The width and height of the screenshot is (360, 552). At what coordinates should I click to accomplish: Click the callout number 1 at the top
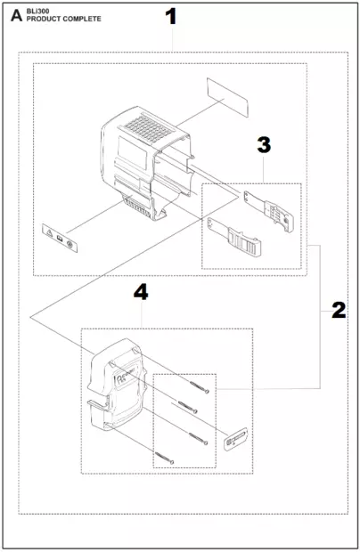pos(171,17)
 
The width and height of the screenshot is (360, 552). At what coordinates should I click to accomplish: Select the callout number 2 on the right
pos(339,310)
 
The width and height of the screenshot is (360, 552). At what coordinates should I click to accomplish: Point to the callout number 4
pos(140,292)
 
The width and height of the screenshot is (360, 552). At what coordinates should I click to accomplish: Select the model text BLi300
pos(38,10)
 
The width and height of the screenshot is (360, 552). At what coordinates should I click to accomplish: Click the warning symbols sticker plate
pos(59,238)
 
